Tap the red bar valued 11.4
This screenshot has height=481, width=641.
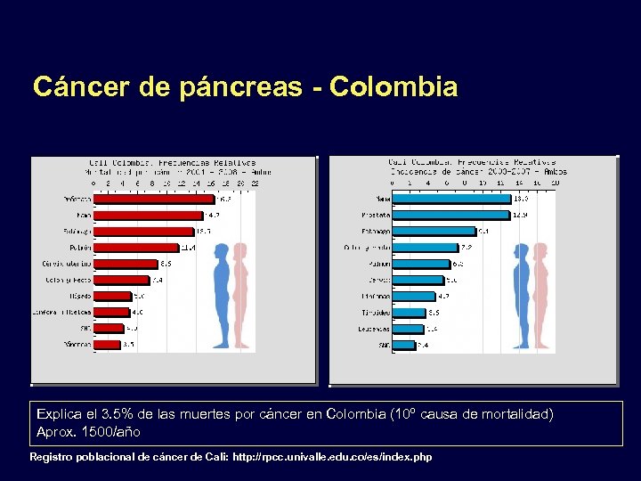pyautogui.click(x=136, y=248)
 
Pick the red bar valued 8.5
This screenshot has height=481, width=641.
pyautogui.click(x=126, y=264)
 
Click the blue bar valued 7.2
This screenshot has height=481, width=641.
pyautogui.click(x=426, y=248)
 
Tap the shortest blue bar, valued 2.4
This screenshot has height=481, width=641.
pyautogui.click(x=404, y=344)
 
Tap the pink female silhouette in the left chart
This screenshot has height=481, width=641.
pyautogui.click(x=240, y=286)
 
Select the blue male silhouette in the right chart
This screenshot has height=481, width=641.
pyautogui.click(x=518, y=286)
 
